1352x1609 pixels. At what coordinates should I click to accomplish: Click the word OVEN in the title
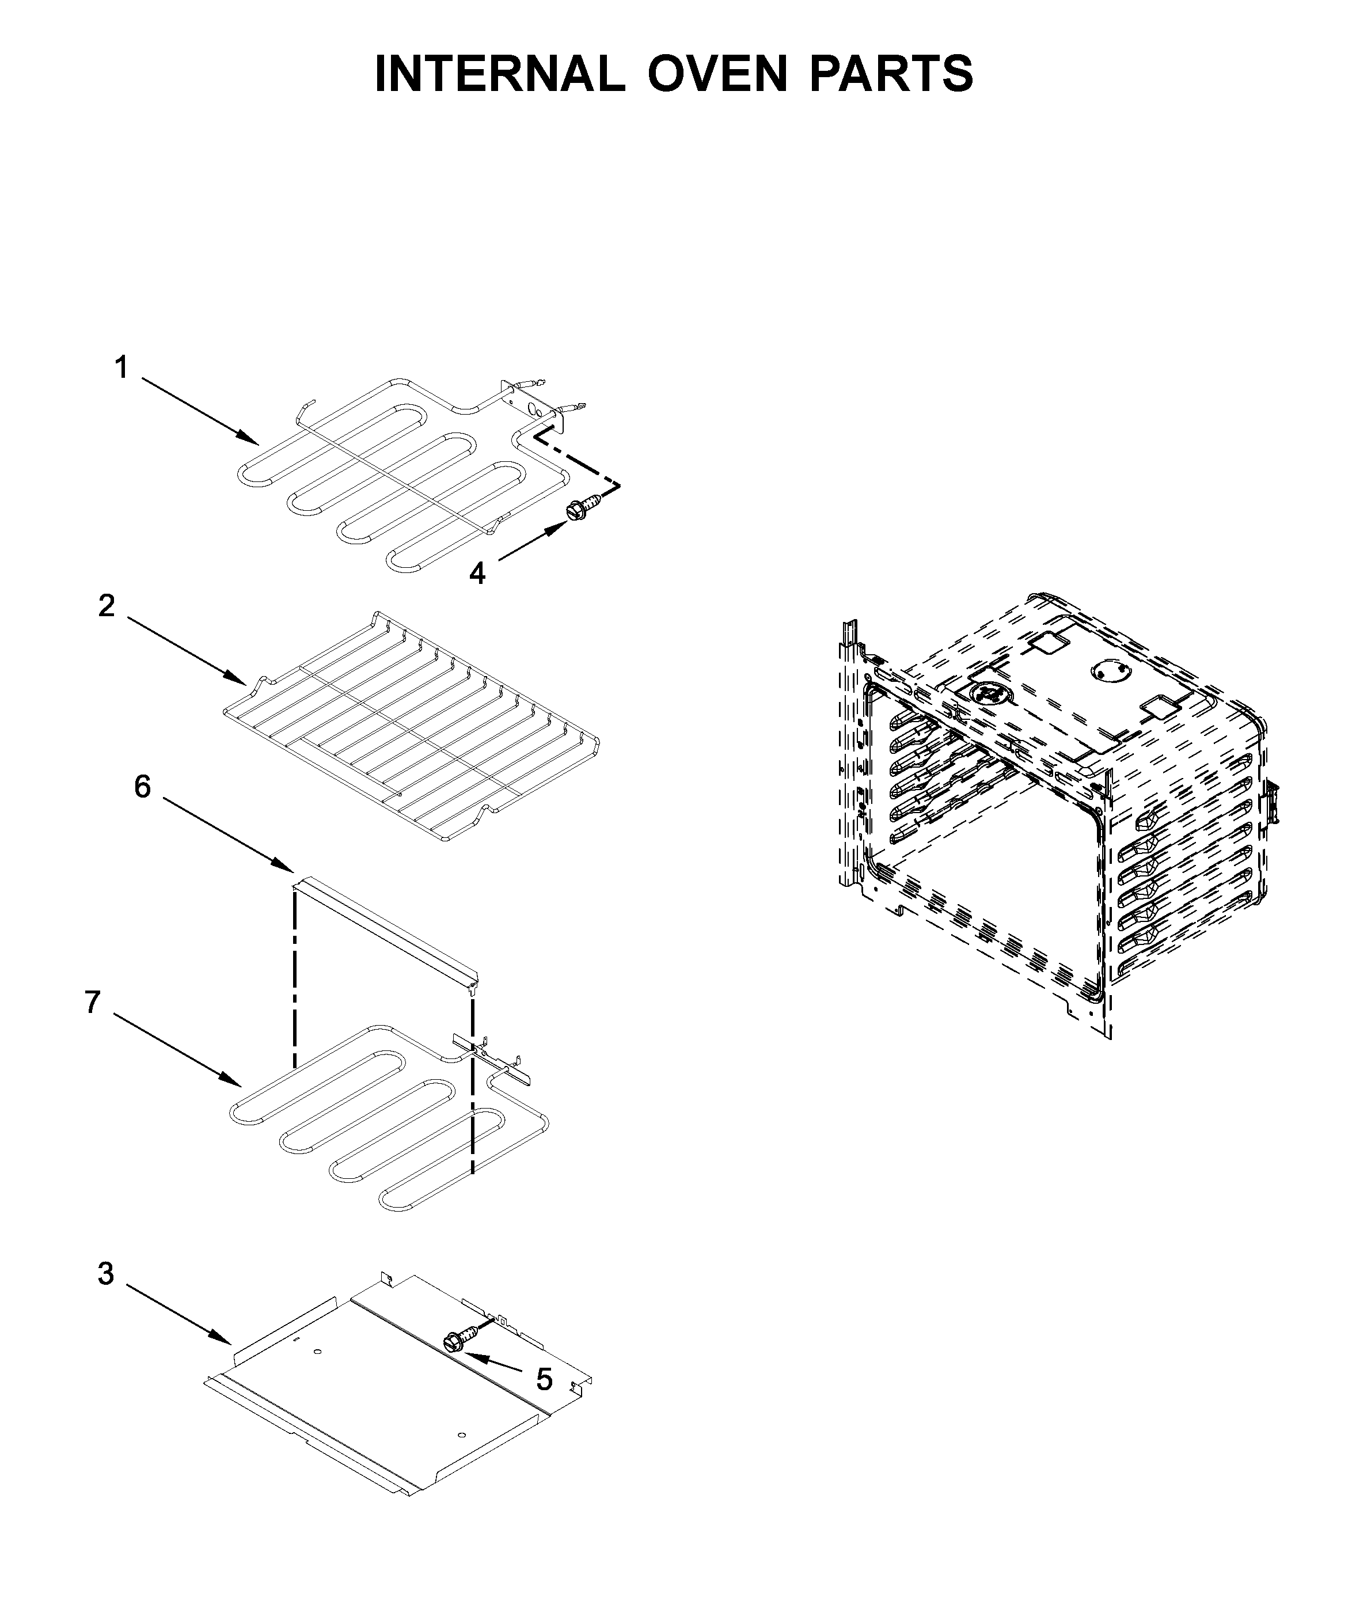click(717, 74)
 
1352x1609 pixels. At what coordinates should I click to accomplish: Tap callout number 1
click(121, 368)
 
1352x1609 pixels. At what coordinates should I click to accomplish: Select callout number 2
click(106, 606)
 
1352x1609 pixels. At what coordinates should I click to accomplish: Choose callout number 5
click(544, 1379)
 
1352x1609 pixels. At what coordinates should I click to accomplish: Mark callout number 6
click(143, 787)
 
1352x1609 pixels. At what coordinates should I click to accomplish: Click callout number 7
click(93, 1002)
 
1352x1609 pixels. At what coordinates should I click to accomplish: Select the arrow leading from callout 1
click(199, 410)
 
